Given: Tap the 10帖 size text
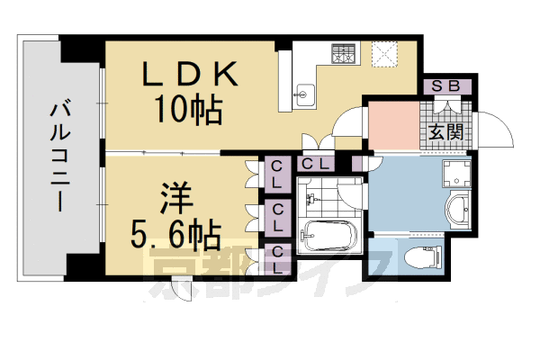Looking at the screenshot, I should point(188,110).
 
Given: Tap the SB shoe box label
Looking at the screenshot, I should point(445,87).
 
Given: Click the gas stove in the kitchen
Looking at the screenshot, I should point(344,54).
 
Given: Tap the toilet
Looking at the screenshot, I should point(423,256).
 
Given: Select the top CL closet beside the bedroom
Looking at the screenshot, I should point(277,171).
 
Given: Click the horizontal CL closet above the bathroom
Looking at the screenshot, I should point(314,164).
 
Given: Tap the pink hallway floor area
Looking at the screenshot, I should point(393,127).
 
